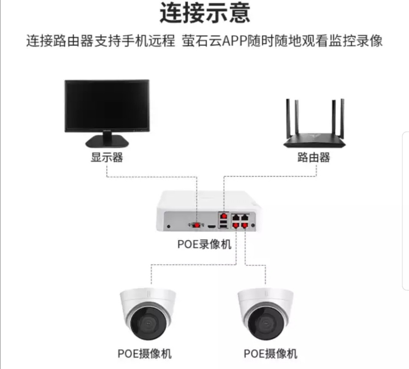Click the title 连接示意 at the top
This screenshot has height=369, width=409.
coord(205,13)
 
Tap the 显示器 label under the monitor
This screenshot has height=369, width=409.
coord(107,157)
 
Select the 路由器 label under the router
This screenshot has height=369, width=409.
coord(314,157)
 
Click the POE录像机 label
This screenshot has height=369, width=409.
coord(204,244)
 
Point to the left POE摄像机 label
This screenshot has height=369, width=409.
coord(145,354)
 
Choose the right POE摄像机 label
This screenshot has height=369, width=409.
coord(270,354)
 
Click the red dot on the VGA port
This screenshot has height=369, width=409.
coord(197,225)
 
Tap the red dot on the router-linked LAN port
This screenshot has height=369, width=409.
coord(223,216)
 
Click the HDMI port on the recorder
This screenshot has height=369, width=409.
coord(212,226)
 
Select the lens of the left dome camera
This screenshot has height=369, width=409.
coord(148,323)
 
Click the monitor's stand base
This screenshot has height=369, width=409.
coord(107,141)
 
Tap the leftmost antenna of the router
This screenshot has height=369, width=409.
coord(288,119)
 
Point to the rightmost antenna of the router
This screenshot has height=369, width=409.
coord(342,119)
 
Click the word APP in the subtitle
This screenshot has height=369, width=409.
coord(234,41)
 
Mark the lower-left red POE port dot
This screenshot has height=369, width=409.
coord(236,225)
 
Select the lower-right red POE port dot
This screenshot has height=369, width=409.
coord(245,225)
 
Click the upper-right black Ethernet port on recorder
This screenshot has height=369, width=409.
coord(245,217)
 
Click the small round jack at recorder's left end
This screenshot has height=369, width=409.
coord(169,226)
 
